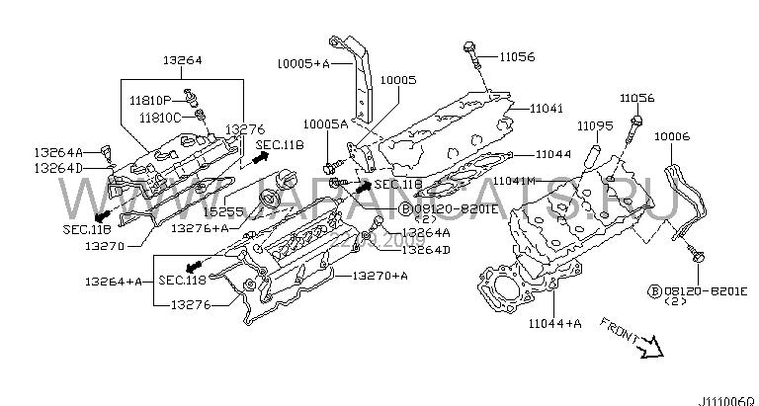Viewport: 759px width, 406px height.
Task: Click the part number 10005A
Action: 325,124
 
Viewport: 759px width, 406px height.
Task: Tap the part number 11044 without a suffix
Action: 555,155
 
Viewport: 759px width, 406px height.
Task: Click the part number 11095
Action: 596,126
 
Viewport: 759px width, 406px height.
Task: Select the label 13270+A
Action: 374,276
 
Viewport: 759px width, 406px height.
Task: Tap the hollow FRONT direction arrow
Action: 647,345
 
